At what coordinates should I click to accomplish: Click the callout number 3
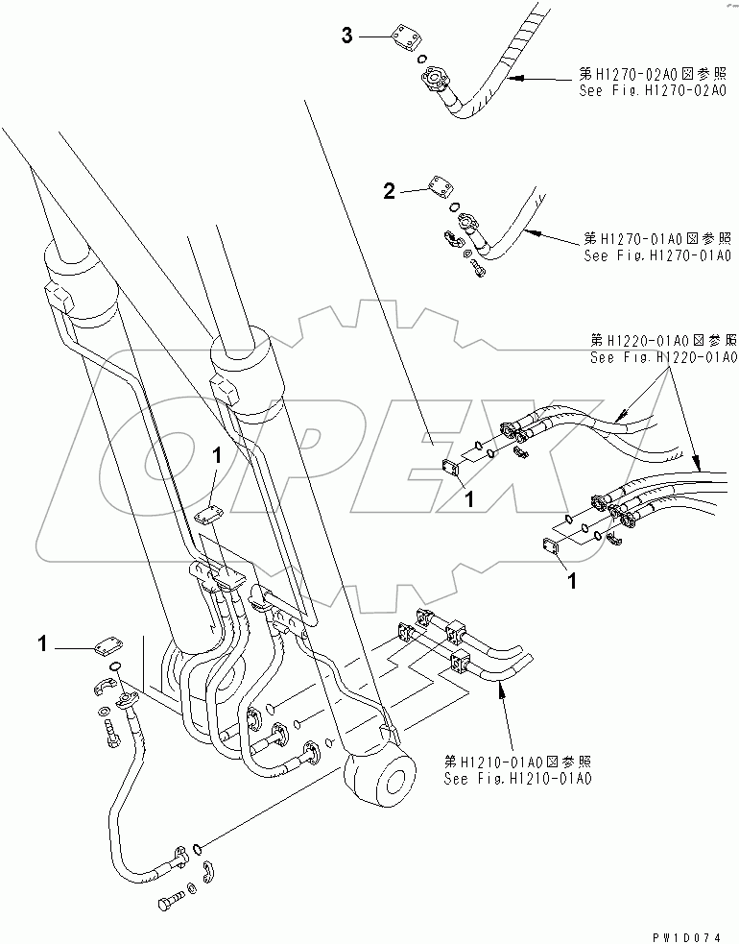click(x=348, y=36)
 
